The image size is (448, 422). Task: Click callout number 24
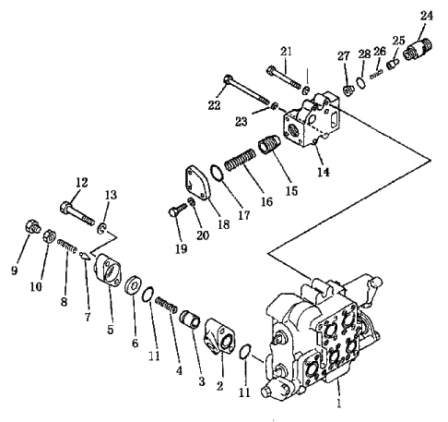[427, 16]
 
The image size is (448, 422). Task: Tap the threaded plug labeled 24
[419, 49]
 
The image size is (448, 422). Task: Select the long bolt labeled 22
[246, 90]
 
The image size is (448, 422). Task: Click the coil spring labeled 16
[240, 160]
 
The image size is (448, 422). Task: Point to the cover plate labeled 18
[198, 184]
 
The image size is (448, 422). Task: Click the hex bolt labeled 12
[77, 213]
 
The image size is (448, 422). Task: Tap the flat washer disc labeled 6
[133, 285]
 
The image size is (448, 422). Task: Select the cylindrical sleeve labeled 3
[190, 320]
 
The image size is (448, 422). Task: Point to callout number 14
[324, 172]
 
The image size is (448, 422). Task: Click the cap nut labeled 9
[32, 227]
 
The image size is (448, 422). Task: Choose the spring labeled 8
[66, 247]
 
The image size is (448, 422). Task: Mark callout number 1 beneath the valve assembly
[339, 403]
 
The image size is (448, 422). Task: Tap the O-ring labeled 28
[361, 83]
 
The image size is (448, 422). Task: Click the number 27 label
[344, 55]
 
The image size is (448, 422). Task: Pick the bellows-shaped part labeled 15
[268, 144]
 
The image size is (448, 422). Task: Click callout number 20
[203, 235]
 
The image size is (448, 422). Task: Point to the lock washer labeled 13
[101, 228]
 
